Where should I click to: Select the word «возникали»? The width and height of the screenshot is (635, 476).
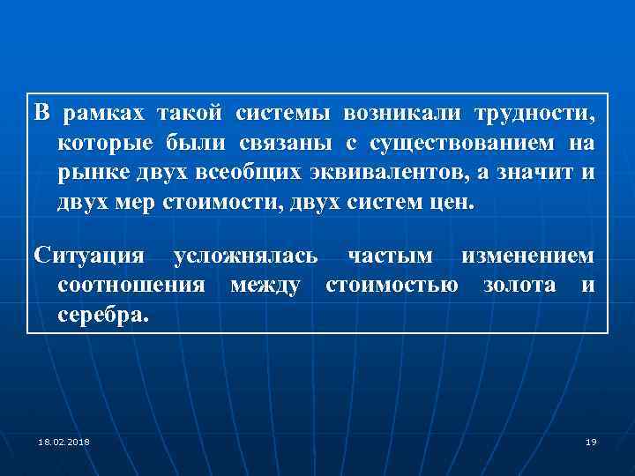[x=406, y=115]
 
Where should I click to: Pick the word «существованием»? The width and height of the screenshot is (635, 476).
[x=459, y=143]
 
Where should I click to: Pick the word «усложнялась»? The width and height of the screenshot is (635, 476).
[x=245, y=257]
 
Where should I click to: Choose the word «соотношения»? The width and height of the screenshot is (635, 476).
[x=131, y=285]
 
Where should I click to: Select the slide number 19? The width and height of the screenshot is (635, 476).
[x=591, y=441]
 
